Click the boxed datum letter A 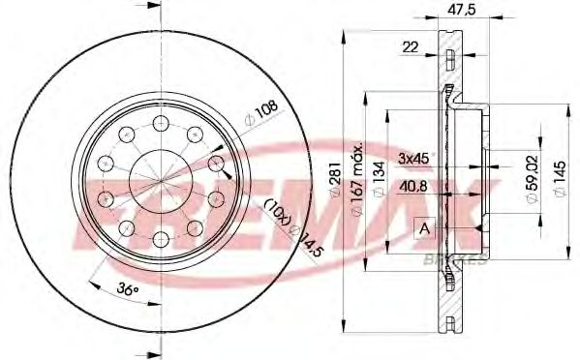[423, 228]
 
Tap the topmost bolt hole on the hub [161, 123]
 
